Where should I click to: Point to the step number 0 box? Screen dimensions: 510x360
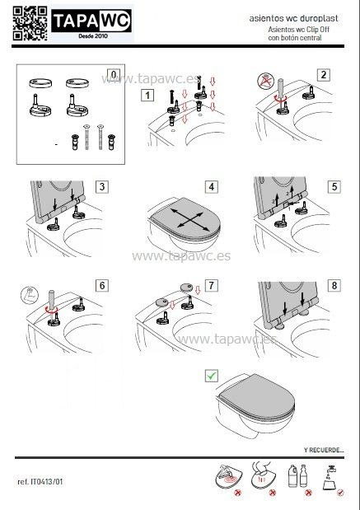pos(113,75)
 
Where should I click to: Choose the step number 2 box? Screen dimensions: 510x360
pos(324,75)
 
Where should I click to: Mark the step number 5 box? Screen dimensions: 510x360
pos(333,186)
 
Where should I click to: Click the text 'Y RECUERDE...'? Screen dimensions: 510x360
pos(323,449)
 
